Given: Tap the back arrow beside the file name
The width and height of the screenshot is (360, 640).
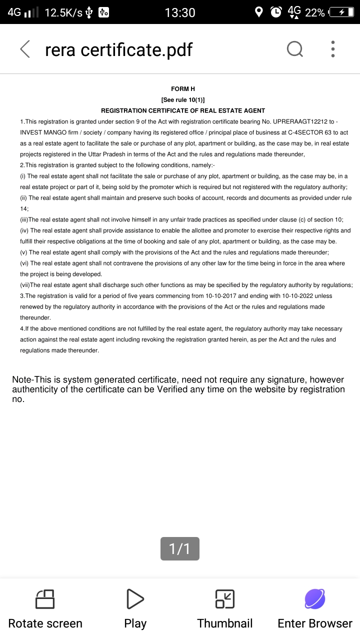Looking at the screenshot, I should tap(25, 49).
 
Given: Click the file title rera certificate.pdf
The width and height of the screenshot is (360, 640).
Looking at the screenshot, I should tap(118, 49).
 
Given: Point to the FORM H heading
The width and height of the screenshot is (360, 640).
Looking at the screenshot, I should tap(183, 88).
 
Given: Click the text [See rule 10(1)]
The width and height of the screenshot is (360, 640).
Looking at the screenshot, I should tap(183, 99).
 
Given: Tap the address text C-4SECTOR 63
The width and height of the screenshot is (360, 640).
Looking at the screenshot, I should tap(310, 132).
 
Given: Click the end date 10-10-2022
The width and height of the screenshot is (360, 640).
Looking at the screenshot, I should tap(299, 296).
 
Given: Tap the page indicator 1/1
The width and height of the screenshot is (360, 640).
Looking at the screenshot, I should tap(180, 548).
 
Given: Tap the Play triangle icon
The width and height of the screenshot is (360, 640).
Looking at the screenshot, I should tap(135, 598).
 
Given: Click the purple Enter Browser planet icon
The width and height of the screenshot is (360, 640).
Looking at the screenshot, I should tap(315, 598).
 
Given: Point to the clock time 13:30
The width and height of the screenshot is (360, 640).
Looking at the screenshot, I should tap(180, 12).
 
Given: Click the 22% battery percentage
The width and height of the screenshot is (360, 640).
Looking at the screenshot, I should tap(315, 12).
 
